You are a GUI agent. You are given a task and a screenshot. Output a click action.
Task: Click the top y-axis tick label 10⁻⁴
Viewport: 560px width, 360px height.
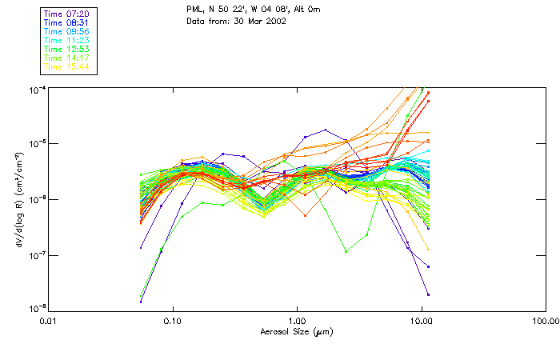coord(37,88)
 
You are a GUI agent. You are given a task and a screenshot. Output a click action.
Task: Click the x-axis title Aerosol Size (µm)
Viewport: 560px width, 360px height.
coord(297,331)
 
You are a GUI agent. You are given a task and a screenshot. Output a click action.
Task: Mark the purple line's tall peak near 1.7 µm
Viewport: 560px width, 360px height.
coord(325,130)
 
